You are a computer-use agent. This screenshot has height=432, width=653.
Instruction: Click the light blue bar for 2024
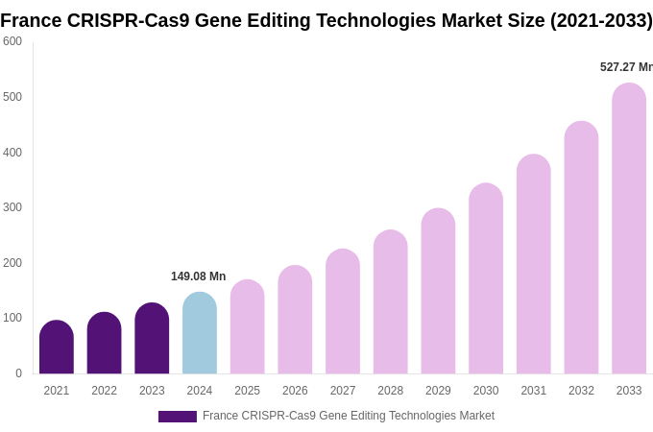[200, 333]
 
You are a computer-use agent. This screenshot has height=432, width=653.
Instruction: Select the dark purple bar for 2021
[57, 348]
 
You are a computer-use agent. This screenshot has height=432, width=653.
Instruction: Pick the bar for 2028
[391, 302]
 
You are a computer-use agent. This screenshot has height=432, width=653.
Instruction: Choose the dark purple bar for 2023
[152, 339]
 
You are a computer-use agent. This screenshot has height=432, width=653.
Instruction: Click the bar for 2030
[486, 278]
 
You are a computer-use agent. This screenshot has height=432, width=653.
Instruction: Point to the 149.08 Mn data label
[198, 276]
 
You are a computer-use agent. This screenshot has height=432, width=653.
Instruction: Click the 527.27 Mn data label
[625, 67]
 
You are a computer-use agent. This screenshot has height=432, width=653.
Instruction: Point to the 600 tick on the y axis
[12, 41]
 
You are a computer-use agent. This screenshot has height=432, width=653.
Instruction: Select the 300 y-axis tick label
[12, 207]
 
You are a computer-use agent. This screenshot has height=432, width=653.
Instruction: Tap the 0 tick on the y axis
[18, 373]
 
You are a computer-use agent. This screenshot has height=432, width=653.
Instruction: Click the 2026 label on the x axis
[295, 391]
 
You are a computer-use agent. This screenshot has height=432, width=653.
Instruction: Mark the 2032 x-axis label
[581, 391]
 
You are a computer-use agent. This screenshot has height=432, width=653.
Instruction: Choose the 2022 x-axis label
[104, 391]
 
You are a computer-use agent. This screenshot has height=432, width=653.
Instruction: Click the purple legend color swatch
[178, 417]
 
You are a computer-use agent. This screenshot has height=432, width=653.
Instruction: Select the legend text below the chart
[348, 416]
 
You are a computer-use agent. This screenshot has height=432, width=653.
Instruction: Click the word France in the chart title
[31, 20]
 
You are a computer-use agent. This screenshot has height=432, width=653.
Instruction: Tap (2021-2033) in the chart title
[600, 20]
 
